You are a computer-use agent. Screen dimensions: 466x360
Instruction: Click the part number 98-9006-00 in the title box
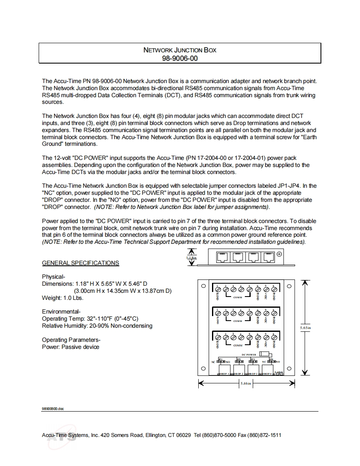180,59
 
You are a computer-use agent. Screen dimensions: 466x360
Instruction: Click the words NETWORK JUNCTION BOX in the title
180,50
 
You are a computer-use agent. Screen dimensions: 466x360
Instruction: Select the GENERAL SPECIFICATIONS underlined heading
80,263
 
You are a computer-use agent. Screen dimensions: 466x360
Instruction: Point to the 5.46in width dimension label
246,384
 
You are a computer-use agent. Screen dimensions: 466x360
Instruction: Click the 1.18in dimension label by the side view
191,258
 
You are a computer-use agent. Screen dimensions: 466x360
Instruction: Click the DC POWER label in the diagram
249,355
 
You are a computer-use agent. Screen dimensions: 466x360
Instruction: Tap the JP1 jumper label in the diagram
221,359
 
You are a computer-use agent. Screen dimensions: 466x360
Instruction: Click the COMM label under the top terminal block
238,297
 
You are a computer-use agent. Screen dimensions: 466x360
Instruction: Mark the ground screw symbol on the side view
279,254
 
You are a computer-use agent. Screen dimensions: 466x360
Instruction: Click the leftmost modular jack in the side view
222,258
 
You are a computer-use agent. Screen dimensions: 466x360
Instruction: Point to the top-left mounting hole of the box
203,286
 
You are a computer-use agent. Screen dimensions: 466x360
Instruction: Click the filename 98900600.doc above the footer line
53,409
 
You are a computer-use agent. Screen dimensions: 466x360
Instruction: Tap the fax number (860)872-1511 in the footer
264,435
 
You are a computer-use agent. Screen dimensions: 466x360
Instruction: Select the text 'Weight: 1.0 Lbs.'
63,298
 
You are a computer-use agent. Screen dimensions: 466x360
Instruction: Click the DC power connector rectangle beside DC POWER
263,354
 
